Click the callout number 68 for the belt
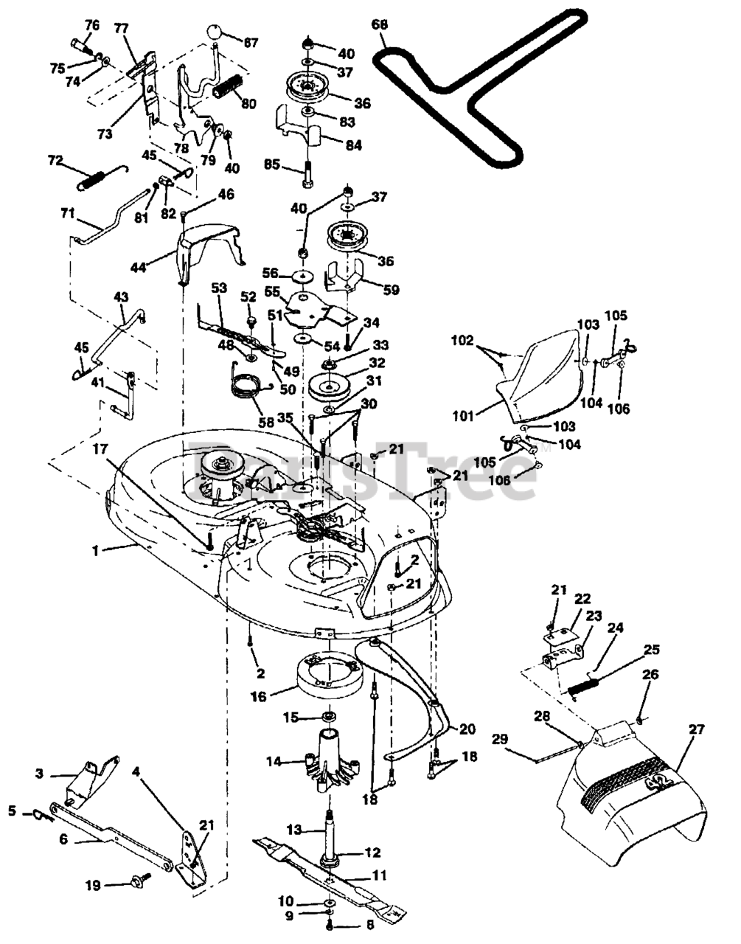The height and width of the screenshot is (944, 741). click(x=379, y=25)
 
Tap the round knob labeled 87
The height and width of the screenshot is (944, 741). click(x=214, y=32)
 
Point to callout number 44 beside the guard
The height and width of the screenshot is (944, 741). click(x=138, y=267)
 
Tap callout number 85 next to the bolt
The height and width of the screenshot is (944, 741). click(x=272, y=164)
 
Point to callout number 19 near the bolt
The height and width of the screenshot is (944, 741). click(x=92, y=885)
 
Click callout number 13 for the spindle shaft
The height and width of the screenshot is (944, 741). click(x=293, y=830)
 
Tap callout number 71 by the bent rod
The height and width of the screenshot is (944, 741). click(x=67, y=213)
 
